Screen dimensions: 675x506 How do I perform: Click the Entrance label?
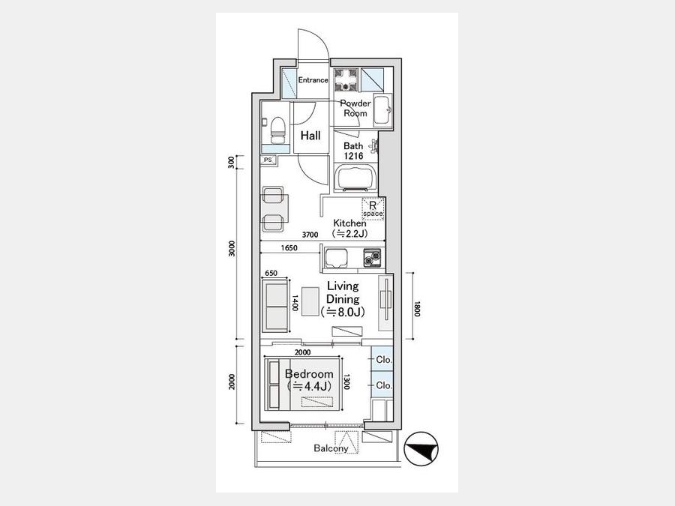click(313, 80)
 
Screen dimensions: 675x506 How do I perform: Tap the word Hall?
click(310, 136)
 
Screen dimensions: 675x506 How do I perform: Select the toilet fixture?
click(277, 130)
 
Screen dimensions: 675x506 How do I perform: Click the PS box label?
click(268, 160)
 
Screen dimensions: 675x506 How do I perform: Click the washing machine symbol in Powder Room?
click(346, 80)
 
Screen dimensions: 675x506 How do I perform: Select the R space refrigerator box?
click(373, 209)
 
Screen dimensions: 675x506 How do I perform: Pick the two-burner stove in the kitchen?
click(371, 258)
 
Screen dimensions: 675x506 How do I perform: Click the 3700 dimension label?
click(310, 235)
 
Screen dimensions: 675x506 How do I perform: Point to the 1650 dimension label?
click(289, 248)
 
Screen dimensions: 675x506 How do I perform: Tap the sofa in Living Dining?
click(274, 306)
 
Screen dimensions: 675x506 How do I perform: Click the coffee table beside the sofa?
click(310, 301)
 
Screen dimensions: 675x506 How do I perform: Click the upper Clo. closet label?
click(383, 360)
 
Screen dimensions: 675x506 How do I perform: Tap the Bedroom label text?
click(309, 374)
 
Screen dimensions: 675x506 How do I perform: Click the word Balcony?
click(331, 448)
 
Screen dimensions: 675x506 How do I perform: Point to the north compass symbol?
click(421, 449)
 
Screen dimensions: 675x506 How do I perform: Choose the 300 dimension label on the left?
click(232, 162)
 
